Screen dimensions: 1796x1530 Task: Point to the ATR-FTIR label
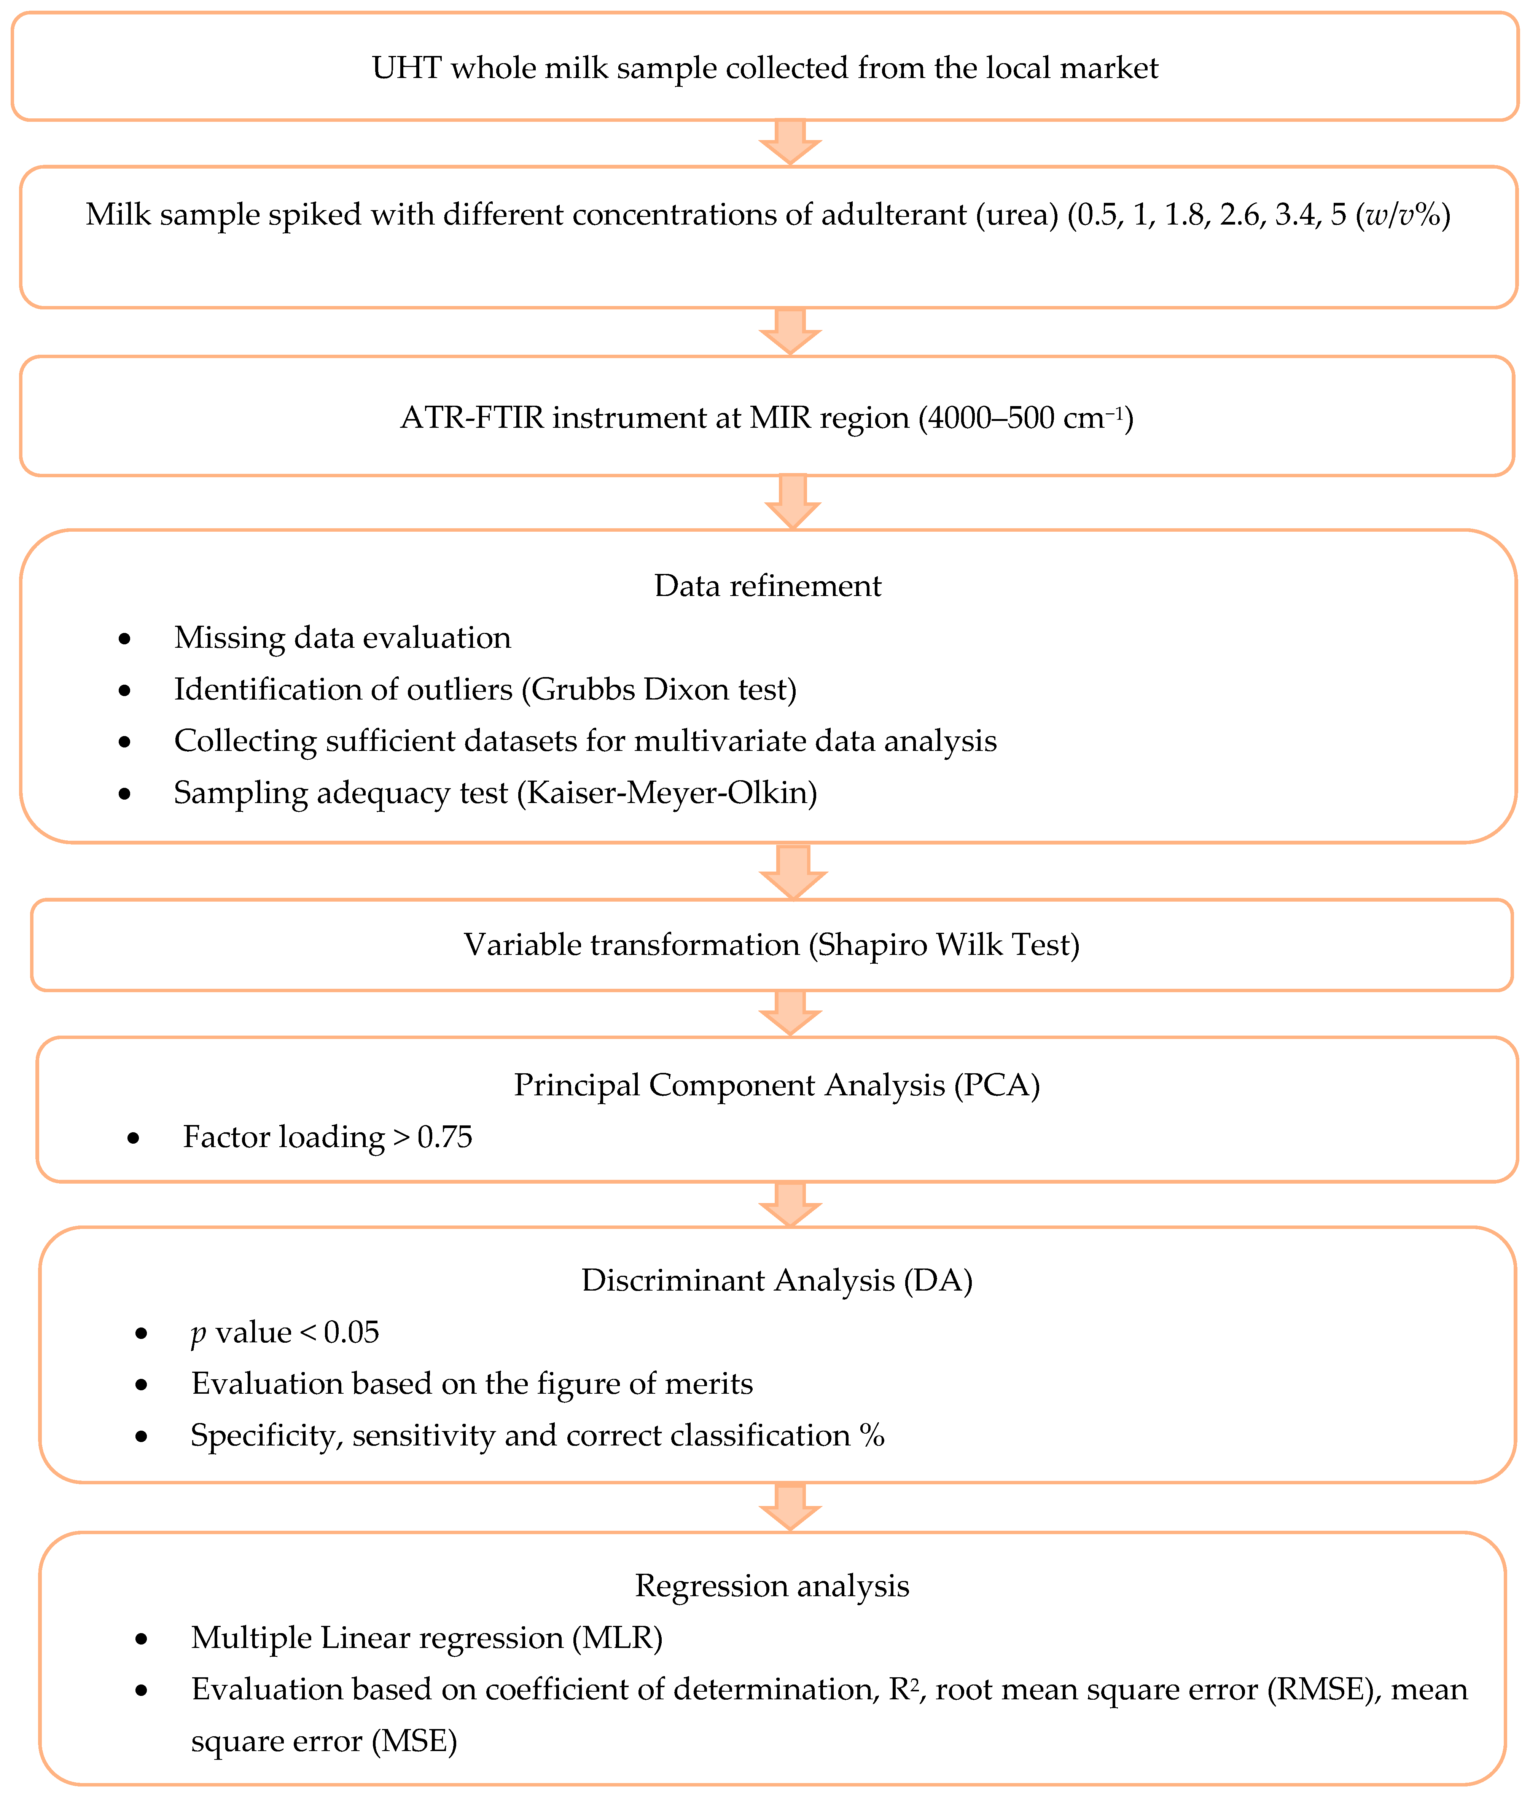(x=471, y=418)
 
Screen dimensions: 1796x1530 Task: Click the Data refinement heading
(x=767, y=586)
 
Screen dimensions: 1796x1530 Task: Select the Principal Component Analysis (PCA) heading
(x=776, y=1085)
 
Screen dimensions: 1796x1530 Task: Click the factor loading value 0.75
(x=444, y=1137)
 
